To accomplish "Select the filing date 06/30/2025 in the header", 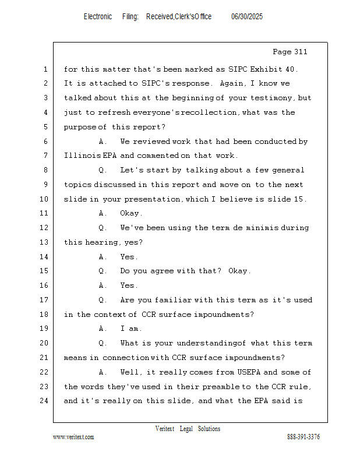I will tap(247, 17).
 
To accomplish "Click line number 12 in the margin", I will tap(45, 228).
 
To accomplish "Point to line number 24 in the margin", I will tap(45, 401).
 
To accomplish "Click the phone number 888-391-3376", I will tap(303, 437).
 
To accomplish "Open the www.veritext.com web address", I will tap(73, 437).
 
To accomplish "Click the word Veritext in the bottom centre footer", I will tap(165, 429).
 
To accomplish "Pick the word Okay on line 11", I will tap(130, 213).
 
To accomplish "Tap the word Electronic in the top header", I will tap(98, 17).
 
